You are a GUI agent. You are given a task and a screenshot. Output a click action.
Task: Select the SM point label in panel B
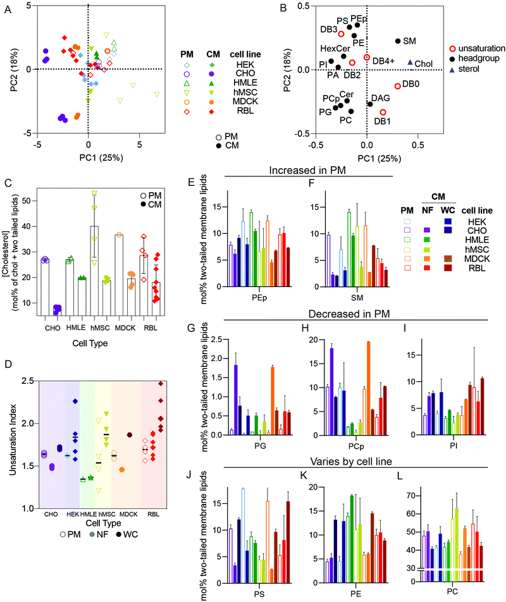coord(409,40)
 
